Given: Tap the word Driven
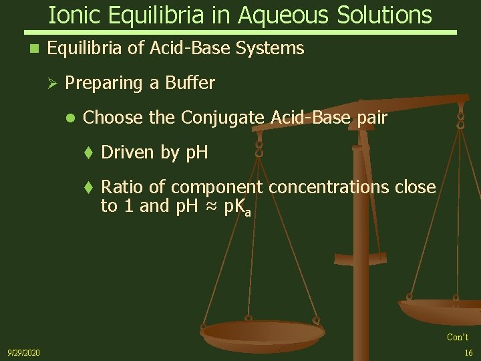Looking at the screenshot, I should coord(128,152).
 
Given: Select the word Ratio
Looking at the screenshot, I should coord(122,187).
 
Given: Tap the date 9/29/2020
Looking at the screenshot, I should coord(23,352).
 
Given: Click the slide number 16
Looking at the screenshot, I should coord(468,352).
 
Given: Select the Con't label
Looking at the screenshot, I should coord(458,337).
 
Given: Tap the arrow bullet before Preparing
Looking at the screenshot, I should coord(55,84).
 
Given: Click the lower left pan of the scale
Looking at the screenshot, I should coord(263,332).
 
